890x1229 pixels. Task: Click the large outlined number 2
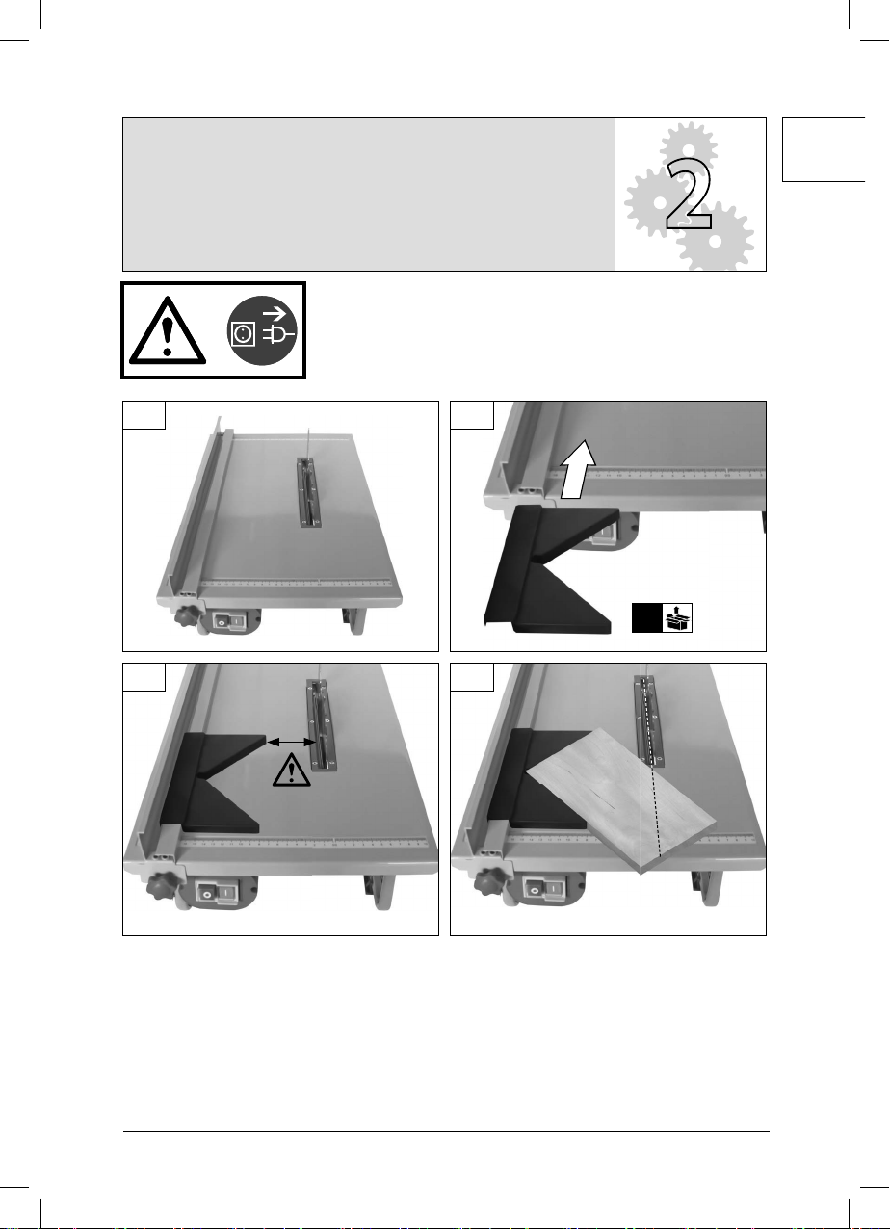(690, 195)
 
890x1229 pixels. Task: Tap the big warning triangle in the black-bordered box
(168, 331)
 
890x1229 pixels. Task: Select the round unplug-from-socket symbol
(262, 330)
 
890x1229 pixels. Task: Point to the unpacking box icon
(678, 617)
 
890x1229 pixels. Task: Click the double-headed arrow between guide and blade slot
(291, 742)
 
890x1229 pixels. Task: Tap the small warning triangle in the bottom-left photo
(291, 771)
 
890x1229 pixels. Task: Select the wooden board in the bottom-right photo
(621, 800)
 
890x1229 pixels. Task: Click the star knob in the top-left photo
(187, 615)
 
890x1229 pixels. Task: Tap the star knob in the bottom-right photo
(490, 883)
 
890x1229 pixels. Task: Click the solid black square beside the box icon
(647, 617)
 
